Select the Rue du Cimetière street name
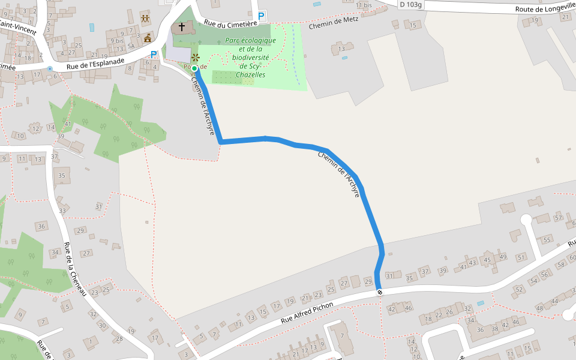(x=230, y=23)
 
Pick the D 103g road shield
(x=410, y=4)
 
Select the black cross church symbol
(x=182, y=27)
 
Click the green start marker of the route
(x=194, y=68)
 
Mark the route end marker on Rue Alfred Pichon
(x=379, y=292)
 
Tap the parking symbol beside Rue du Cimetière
(x=262, y=17)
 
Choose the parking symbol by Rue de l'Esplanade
(x=154, y=55)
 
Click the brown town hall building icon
(x=148, y=38)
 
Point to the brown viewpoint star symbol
(x=195, y=58)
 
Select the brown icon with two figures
(x=145, y=18)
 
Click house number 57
(x=559, y=218)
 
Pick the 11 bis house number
(x=364, y=5)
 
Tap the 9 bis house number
(x=116, y=41)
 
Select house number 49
(x=502, y=257)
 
